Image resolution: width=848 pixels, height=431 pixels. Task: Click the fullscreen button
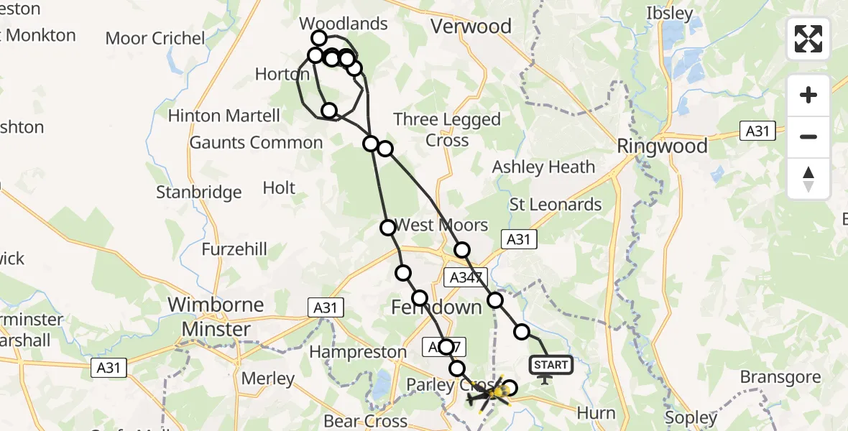(808, 39)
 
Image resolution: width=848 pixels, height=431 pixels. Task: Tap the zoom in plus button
(808, 96)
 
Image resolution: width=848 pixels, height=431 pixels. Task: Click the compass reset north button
(808, 178)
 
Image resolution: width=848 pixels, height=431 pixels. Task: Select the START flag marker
(551, 366)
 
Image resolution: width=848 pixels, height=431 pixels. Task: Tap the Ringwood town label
(663, 147)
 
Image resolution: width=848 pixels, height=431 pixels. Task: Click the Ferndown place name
(436, 307)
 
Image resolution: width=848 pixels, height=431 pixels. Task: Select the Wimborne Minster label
(216, 317)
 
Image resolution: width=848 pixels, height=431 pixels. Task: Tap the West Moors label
(442, 225)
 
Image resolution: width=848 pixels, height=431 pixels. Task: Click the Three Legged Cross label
(447, 129)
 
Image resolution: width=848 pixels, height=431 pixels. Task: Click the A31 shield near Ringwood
(757, 131)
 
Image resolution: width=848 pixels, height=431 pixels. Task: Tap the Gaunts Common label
(256, 143)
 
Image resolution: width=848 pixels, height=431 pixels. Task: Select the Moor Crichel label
(155, 38)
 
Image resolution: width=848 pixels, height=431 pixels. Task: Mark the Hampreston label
(357, 352)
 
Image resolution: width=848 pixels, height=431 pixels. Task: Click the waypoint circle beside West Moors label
(388, 228)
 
